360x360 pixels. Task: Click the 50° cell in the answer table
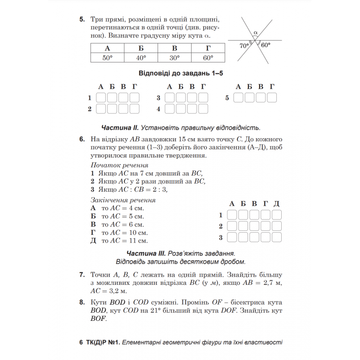pyautogui.click(x=107, y=58)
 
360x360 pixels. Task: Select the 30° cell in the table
pyautogui.click(x=174, y=58)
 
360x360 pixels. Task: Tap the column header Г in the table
pyautogui.click(x=208, y=48)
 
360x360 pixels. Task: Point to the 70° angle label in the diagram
pyautogui.click(x=244, y=45)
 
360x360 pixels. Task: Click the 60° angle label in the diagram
pyautogui.click(x=265, y=45)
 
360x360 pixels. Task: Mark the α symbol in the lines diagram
pyautogui.click(x=255, y=33)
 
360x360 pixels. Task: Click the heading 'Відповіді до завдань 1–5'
pyautogui.click(x=181, y=74)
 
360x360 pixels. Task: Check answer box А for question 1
pyautogui.click(x=101, y=98)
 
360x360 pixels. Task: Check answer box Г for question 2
pyautogui.click(x=134, y=109)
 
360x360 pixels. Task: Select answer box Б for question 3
pyautogui.click(x=180, y=98)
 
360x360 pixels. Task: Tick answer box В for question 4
pyautogui.click(x=192, y=109)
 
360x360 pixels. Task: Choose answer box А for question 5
pyautogui.click(x=239, y=98)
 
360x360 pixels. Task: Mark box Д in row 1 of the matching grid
pyautogui.click(x=277, y=215)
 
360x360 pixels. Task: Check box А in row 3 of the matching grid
pyautogui.click(x=232, y=237)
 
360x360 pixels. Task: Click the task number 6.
pyautogui.click(x=82, y=139)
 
